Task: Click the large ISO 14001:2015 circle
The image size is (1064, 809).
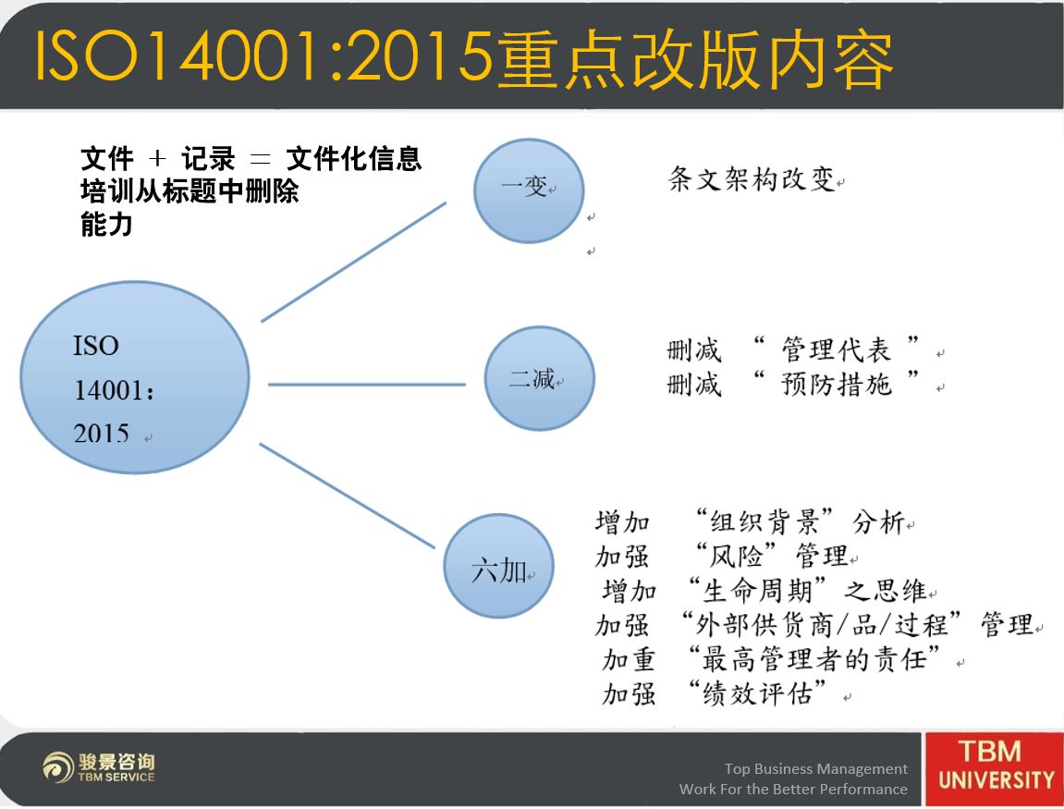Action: pos(134,377)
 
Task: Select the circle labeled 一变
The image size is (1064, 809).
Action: pos(529,190)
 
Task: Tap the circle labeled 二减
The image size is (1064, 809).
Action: pos(540,378)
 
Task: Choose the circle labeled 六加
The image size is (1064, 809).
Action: pos(499,565)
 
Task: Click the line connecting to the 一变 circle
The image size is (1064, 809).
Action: pos(353,262)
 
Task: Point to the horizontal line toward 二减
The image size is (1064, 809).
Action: pos(367,385)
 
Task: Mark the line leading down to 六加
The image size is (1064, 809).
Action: pos(347,496)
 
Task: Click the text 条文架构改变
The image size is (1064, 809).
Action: pos(752,179)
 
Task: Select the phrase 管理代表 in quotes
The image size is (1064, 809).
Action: pos(836,349)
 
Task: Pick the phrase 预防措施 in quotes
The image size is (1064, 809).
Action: pos(836,384)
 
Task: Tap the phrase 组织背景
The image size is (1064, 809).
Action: pos(764,521)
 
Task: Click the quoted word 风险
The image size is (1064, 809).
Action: pos(736,556)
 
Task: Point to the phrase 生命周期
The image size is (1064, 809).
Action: pos(758,590)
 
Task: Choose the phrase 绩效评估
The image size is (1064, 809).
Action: pos(758,693)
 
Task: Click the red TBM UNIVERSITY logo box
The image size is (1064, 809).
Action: pos(995,768)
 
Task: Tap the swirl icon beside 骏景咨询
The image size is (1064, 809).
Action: pos(57,767)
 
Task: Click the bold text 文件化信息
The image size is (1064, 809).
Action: pos(353,159)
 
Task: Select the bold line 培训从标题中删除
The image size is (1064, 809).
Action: pos(190,190)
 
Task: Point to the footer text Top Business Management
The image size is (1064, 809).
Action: pos(815,768)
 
